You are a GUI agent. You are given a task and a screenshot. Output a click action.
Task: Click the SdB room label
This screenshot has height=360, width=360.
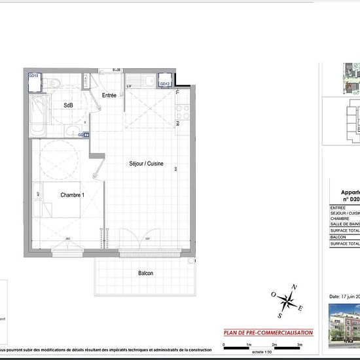(x=68, y=105)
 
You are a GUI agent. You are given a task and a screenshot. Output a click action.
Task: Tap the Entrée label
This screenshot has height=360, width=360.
(x=109, y=96)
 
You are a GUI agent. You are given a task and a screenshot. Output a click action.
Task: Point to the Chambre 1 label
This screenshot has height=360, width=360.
(x=74, y=195)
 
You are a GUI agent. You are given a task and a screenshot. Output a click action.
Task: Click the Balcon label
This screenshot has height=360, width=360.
(x=145, y=273)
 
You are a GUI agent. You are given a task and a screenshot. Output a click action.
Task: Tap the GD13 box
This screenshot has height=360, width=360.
(x=34, y=76)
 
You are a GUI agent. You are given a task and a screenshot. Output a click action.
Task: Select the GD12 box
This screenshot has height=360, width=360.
(x=166, y=84)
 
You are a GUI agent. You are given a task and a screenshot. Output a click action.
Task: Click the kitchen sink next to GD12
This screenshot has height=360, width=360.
(x=150, y=81)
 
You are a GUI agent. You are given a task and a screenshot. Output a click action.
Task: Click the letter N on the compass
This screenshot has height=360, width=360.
(x=295, y=287)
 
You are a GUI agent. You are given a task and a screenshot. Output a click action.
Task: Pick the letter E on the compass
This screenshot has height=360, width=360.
(x=300, y=309)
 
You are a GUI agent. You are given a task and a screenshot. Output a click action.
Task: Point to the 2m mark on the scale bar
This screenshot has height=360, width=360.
(x=274, y=344)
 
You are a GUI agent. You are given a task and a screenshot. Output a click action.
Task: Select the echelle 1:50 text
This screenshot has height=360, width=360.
(x=263, y=351)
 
